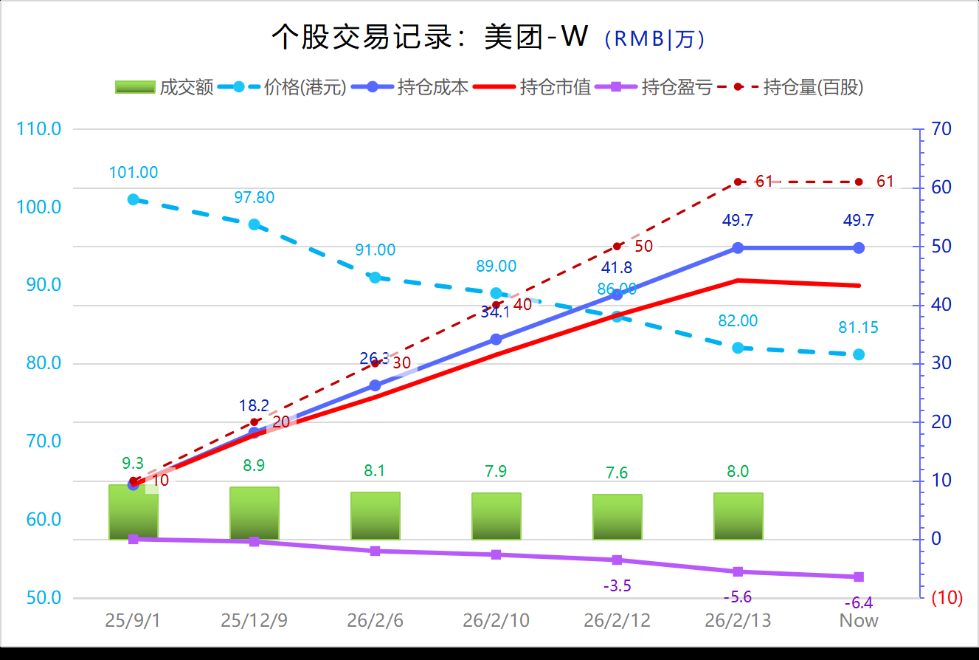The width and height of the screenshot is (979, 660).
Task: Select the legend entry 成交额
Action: tap(164, 87)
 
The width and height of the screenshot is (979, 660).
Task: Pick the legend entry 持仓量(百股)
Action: tap(800, 87)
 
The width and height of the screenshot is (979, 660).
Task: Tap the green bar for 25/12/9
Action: tap(255, 513)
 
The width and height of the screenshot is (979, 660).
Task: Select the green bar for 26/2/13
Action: tap(738, 516)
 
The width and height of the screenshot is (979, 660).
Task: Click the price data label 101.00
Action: tap(134, 173)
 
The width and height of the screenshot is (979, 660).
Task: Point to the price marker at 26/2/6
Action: tap(375, 278)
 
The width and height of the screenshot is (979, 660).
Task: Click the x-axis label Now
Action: tap(859, 621)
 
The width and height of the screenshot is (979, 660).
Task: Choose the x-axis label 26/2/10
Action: tap(496, 621)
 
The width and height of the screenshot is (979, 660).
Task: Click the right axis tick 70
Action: tap(941, 129)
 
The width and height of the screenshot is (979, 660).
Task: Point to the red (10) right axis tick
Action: tap(947, 598)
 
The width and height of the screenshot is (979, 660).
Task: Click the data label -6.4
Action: tap(857, 603)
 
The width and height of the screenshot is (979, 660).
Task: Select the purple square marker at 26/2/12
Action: tap(618, 560)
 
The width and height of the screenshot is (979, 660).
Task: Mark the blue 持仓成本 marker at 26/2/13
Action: tap(738, 248)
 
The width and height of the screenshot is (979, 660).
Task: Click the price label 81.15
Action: tap(858, 328)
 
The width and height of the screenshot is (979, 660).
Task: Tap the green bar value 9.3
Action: tap(133, 464)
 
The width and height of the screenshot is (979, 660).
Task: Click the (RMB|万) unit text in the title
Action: tap(654, 39)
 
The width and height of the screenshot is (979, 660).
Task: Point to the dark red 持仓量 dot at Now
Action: tap(859, 182)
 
